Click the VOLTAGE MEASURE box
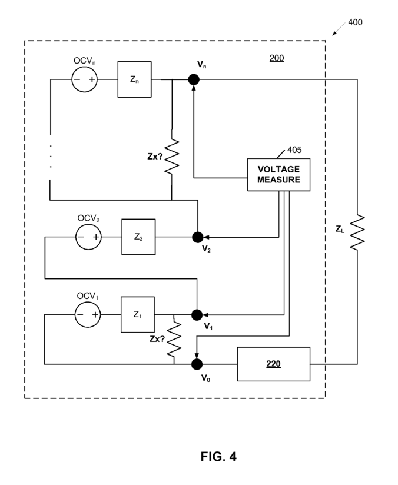click(278, 174)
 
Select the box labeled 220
click(274, 364)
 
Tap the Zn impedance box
click(134, 79)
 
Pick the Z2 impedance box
click(138, 237)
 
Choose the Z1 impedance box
click(138, 314)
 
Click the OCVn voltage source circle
click(85, 79)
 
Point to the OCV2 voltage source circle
click(88, 237)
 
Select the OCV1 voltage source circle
click(88, 314)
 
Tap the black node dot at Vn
click(194, 79)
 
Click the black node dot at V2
click(198, 237)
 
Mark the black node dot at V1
click(197, 315)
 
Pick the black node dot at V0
click(197, 364)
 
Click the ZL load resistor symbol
click(357, 232)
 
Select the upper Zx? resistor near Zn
click(172, 156)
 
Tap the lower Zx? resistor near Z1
click(174, 338)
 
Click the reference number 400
click(355, 22)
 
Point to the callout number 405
click(294, 150)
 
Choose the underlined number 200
click(277, 58)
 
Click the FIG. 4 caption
click(218, 456)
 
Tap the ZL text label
click(340, 229)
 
